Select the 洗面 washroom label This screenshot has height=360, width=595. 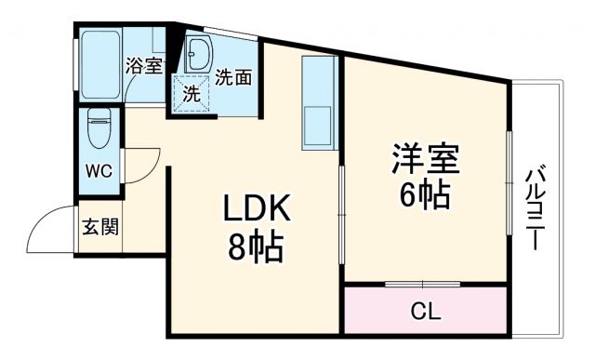[232, 78]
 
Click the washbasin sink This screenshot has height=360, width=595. [198, 57]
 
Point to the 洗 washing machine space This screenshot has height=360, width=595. [191, 94]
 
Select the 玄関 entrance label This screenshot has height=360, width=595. [99, 226]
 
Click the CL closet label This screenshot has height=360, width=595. [426, 311]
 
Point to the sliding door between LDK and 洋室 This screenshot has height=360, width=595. [342, 213]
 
